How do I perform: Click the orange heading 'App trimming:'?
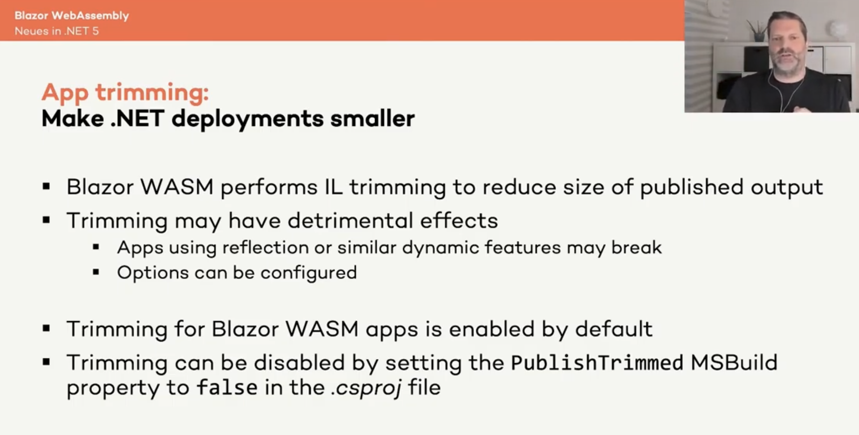(x=125, y=92)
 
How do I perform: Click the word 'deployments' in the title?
(x=247, y=119)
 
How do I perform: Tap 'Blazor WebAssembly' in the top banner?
(x=72, y=15)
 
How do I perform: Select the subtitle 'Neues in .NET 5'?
(x=57, y=31)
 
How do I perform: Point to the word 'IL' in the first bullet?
(x=334, y=187)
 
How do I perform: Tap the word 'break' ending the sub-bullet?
(x=636, y=247)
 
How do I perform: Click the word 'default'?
(x=614, y=329)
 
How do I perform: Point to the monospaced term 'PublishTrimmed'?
(x=597, y=363)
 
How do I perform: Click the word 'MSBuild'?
(x=734, y=362)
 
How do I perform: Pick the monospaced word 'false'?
(x=227, y=387)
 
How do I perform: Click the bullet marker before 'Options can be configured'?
(x=96, y=272)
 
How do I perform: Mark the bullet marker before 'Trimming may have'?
(x=46, y=220)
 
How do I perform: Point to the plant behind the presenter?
(x=758, y=33)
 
